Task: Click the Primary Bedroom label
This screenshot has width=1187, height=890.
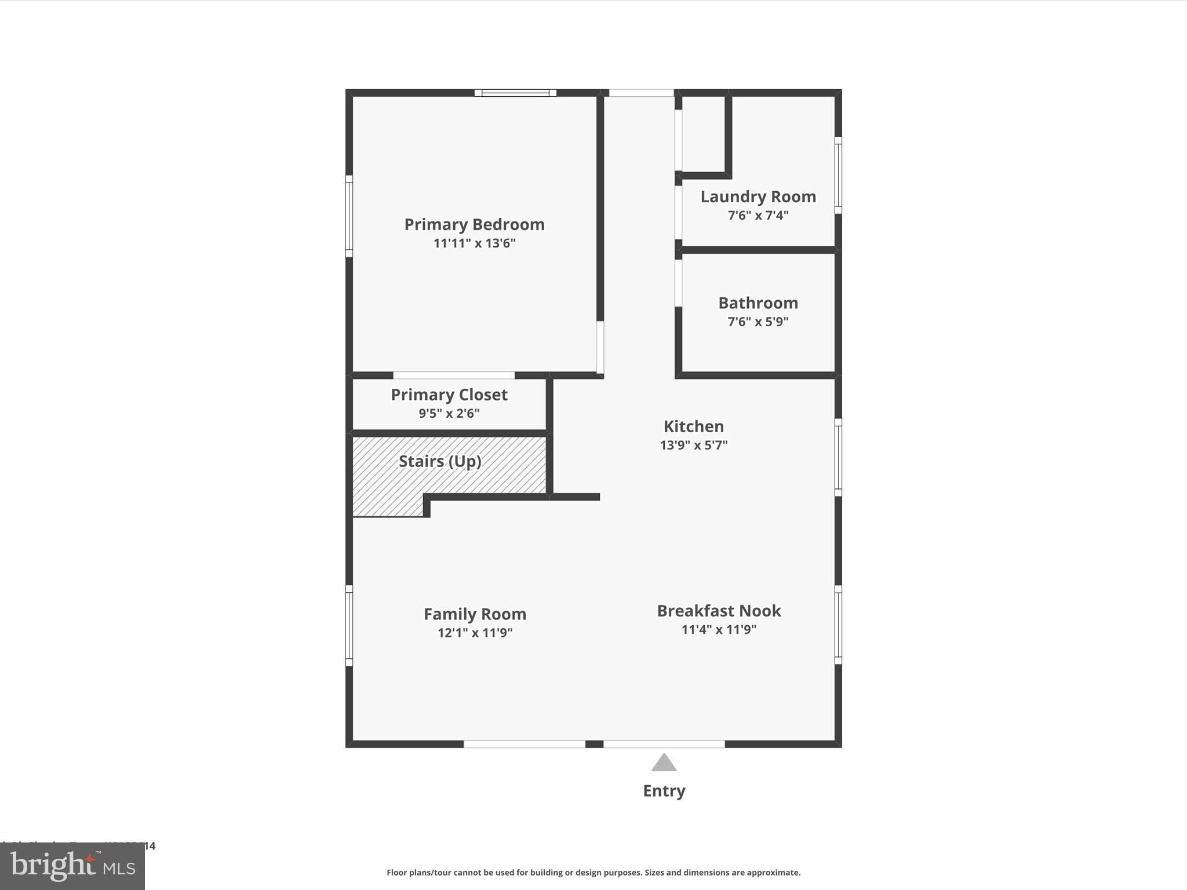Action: coord(474,224)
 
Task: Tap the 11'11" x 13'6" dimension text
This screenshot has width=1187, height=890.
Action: coord(474,243)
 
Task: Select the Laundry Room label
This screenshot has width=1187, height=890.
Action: coord(758,197)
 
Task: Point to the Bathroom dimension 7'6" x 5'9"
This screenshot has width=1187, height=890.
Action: coord(758,322)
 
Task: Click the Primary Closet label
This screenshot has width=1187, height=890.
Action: coord(449,395)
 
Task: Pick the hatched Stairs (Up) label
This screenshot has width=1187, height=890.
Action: coord(440,461)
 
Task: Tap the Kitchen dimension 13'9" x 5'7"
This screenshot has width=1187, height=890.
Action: coord(693,445)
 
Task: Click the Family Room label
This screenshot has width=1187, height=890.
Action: coord(475,614)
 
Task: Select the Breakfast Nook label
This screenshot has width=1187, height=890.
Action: coord(719,611)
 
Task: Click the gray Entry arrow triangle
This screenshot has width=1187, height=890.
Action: coord(664,764)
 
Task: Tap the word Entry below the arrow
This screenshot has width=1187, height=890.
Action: coord(664,791)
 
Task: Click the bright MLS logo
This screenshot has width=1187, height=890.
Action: coord(72,866)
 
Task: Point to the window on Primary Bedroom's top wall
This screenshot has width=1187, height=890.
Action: coord(515,93)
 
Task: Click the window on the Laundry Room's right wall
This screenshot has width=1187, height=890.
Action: coord(838,176)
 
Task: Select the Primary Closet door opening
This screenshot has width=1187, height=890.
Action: coord(454,375)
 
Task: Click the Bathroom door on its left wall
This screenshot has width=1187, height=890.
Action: coord(678,283)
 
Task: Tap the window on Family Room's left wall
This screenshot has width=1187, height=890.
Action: coord(349,625)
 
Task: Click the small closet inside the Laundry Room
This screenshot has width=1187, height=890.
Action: coord(704,134)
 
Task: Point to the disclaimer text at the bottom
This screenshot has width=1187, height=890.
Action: coord(593,873)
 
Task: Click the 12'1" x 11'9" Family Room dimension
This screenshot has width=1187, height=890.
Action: coord(475,633)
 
